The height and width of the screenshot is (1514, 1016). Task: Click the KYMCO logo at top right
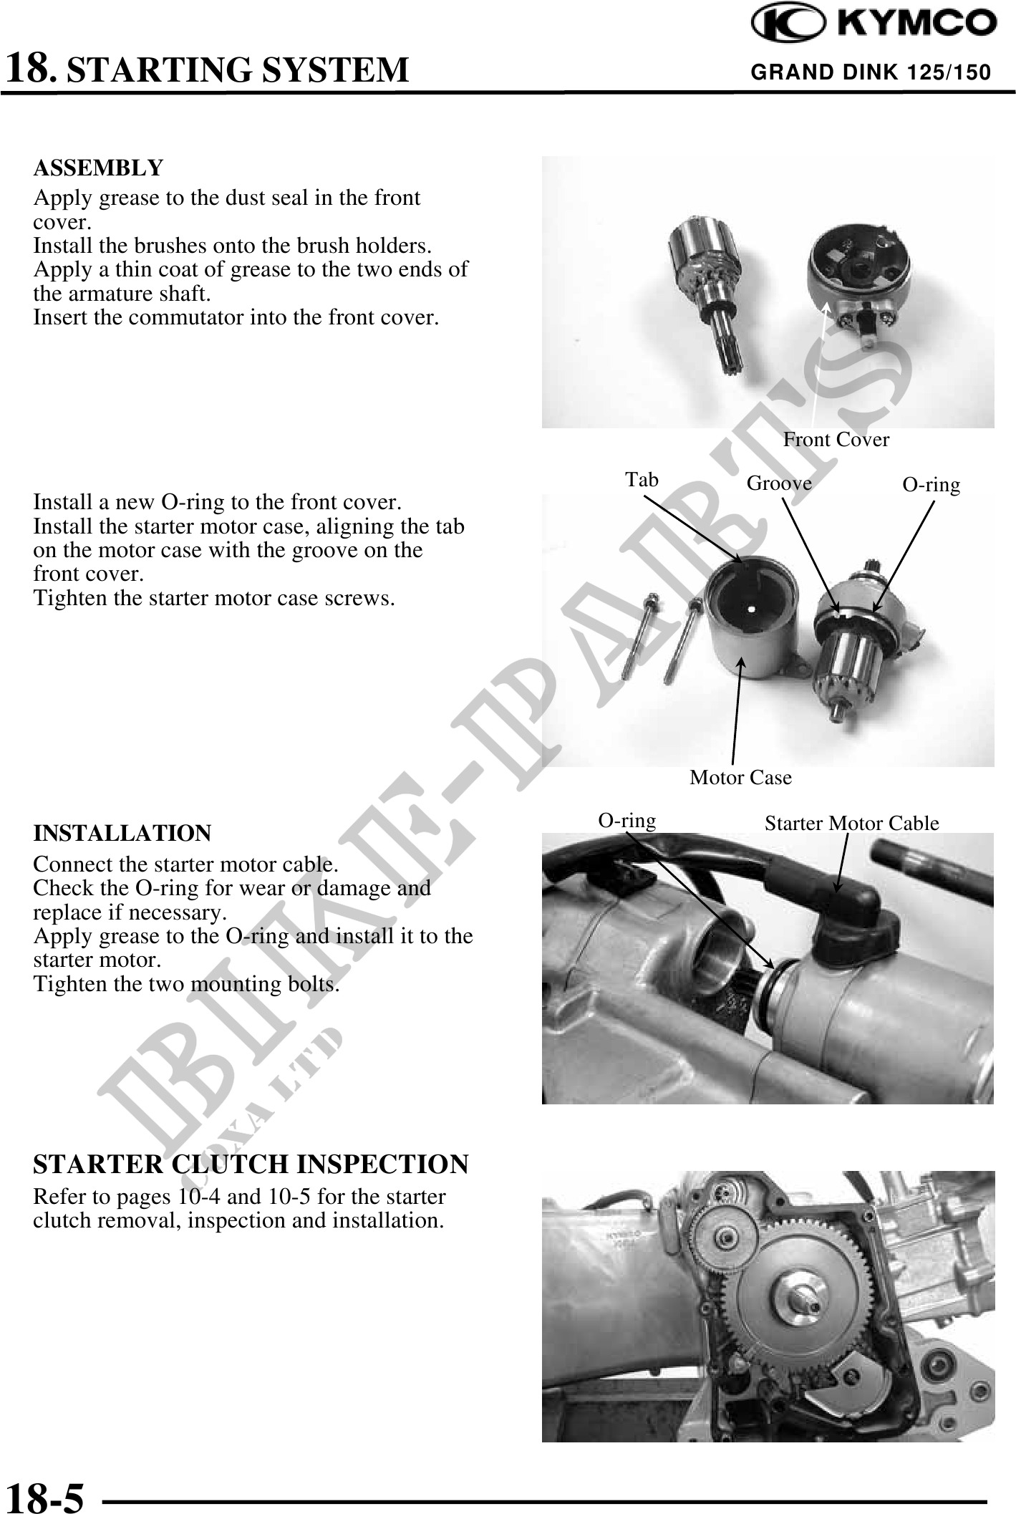pos(873,24)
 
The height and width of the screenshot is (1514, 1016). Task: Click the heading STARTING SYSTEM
pos(242,70)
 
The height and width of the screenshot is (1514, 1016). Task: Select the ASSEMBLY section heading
pos(98,168)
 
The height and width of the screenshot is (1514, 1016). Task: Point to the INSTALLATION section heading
pos(122,834)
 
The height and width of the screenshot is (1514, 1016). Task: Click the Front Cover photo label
pos(836,440)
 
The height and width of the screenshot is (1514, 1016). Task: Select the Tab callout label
pos(642,479)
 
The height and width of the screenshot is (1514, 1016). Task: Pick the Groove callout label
pos(779,483)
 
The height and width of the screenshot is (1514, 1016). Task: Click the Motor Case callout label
pos(740,778)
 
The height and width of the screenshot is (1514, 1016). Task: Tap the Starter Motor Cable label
pos(851,824)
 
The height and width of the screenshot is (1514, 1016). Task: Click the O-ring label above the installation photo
pos(627,821)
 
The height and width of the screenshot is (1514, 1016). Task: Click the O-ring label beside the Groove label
pos(931,486)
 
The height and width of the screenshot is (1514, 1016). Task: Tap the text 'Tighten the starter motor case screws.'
pos(214,598)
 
